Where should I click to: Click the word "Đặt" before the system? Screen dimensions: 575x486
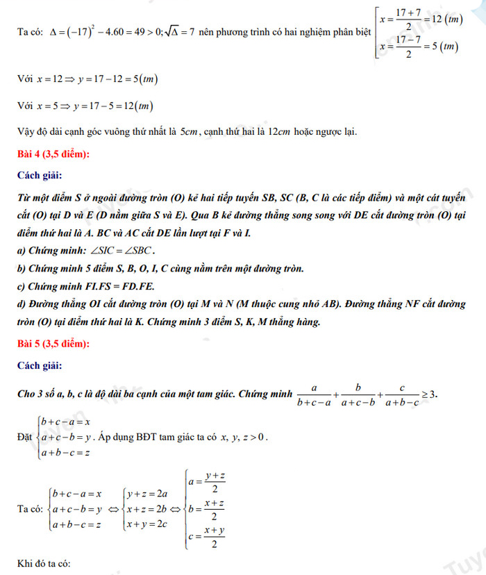[x=24, y=437]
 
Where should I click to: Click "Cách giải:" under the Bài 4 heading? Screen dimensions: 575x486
[x=41, y=175]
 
